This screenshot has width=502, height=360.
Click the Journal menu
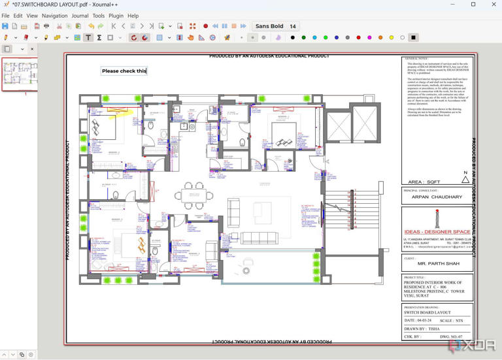(80, 16)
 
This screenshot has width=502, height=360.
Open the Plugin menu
(116, 16)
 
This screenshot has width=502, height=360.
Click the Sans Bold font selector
(269, 26)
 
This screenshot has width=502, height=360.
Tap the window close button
(492, 5)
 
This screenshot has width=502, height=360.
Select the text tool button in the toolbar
(88, 38)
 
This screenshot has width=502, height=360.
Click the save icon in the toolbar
(5, 26)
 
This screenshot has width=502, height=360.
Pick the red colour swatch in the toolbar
(358, 38)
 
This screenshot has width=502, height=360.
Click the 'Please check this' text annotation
(124, 71)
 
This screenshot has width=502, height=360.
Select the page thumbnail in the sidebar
(19, 74)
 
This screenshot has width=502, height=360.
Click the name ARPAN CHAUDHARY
(437, 197)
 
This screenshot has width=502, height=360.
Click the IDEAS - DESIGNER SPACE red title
(437, 232)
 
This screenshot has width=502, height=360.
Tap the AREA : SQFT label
(424, 182)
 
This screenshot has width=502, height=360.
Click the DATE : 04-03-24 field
(419, 321)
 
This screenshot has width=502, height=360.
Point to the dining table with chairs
(192, 193)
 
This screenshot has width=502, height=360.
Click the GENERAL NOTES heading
(416, 59)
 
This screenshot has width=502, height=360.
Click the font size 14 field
(293, 26)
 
